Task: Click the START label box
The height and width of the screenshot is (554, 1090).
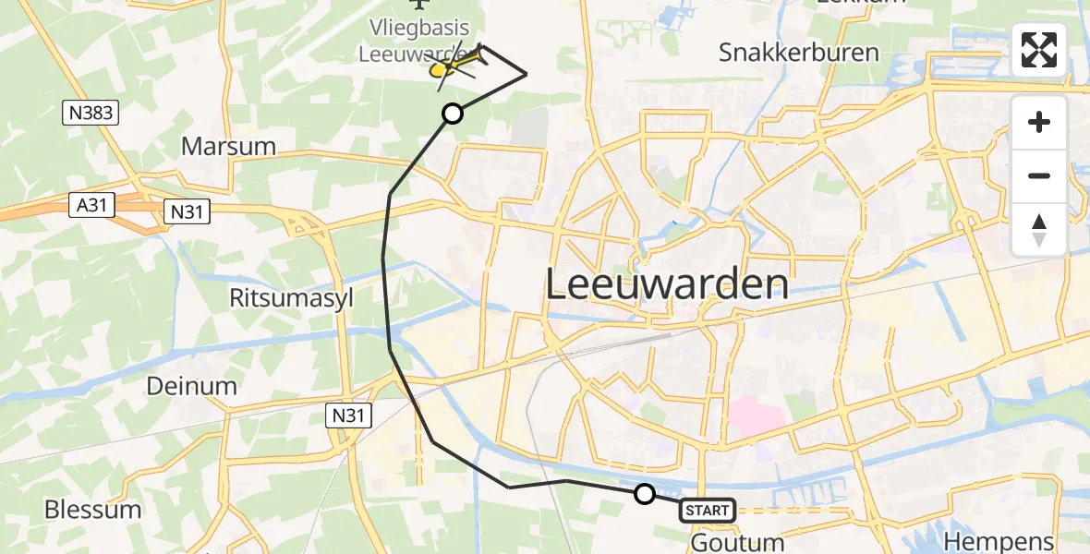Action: tap(708, 510)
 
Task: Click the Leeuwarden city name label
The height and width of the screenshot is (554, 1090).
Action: tap(667, 284)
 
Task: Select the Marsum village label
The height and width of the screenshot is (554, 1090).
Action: tap(229, 146)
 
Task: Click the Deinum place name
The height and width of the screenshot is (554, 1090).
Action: tap(191, 386)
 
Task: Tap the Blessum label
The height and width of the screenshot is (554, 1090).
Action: tap(92, 510)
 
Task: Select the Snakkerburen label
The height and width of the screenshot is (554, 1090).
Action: tap(799, 52)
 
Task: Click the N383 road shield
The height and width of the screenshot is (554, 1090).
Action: tap(91, 114)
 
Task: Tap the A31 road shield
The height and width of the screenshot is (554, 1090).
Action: tap(91, 206)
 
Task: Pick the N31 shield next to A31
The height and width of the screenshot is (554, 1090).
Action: tap(187, 211)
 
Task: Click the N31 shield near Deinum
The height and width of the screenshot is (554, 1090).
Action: tap(349, 416)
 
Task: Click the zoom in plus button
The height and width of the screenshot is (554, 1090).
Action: tap(1039, 122)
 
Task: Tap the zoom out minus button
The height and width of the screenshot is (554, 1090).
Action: tap(1039, 175)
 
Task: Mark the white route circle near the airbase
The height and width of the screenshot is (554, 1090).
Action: tap(453, 114)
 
